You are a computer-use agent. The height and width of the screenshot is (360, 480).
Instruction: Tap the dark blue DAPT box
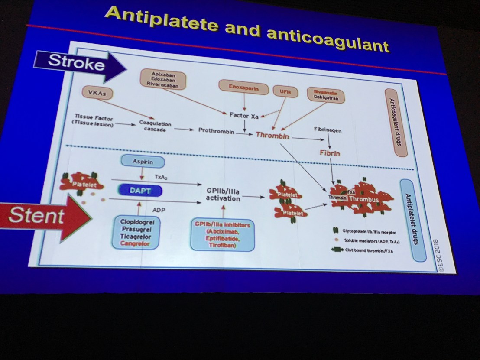click(x=139, y=190)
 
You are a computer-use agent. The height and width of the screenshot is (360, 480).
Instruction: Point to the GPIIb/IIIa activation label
click(x=223, y=194)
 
